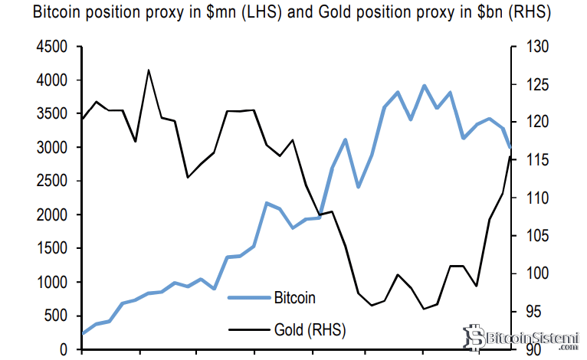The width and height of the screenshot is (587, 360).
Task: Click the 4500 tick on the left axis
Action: (54, 47)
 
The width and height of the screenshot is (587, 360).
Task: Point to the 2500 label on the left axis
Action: (54, 182)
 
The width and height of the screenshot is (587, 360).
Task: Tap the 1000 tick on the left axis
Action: (54, 283)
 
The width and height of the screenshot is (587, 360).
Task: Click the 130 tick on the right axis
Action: (530, 47)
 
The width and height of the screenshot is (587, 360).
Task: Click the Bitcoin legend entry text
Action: (294, 297)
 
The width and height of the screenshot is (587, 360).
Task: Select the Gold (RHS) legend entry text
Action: (309, 330)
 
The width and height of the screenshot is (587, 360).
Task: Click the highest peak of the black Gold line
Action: (148, 70)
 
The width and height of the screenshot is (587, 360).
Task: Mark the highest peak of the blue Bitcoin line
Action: (424, 86)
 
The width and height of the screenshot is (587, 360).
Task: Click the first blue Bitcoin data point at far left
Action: (83, 333)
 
